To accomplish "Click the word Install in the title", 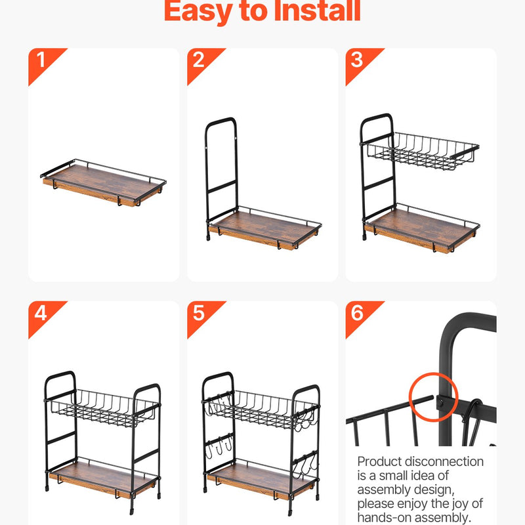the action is [317, 10].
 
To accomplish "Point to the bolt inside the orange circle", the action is [440, 402].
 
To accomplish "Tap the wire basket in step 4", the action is [104, 409].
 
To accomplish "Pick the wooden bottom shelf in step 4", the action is [102, 480].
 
